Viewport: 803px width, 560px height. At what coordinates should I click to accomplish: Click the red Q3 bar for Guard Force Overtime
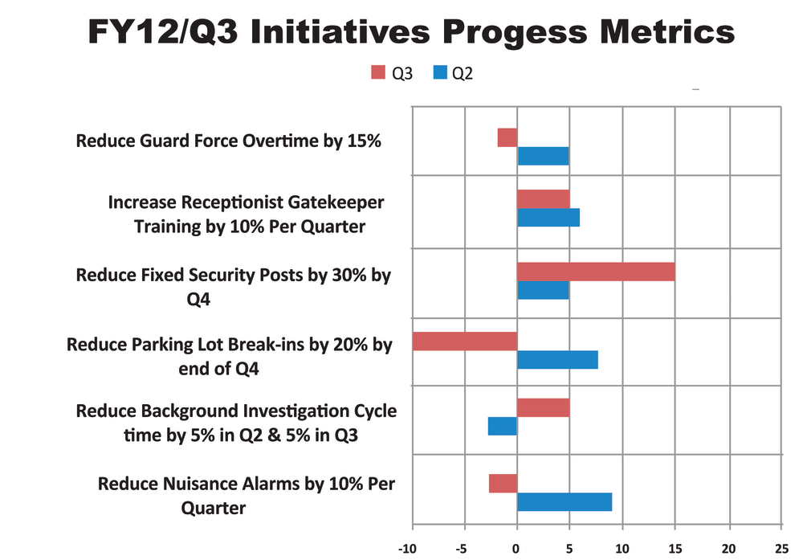(507, 137)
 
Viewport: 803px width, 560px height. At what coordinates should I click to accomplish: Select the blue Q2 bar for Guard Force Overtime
(543, 156)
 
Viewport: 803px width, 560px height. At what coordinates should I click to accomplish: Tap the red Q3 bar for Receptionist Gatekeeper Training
(544, 198)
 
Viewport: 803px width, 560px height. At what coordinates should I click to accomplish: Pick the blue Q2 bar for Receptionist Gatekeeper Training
(548, 218)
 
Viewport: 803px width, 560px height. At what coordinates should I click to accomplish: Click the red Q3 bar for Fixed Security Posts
(596, 272)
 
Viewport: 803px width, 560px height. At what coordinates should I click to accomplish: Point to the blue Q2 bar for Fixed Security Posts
(543, 289)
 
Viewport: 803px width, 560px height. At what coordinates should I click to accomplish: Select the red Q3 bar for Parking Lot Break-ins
(465, 341)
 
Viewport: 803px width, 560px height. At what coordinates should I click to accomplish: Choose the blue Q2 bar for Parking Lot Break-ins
(557, 360)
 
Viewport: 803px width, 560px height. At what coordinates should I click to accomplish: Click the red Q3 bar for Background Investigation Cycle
(544, 407)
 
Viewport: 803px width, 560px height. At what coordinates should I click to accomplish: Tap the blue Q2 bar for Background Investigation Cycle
(503, 426)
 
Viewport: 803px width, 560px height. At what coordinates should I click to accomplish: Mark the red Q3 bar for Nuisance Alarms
(503, 483)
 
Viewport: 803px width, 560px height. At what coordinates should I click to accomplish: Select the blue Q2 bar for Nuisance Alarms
(565, 502)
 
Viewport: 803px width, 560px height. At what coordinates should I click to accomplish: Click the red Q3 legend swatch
(378, 73)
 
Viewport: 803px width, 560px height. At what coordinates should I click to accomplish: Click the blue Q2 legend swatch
(439, 73)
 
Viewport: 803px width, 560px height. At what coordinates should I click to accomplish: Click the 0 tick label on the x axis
(517, 550)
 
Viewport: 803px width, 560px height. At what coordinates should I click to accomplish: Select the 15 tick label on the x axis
(675, 550)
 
